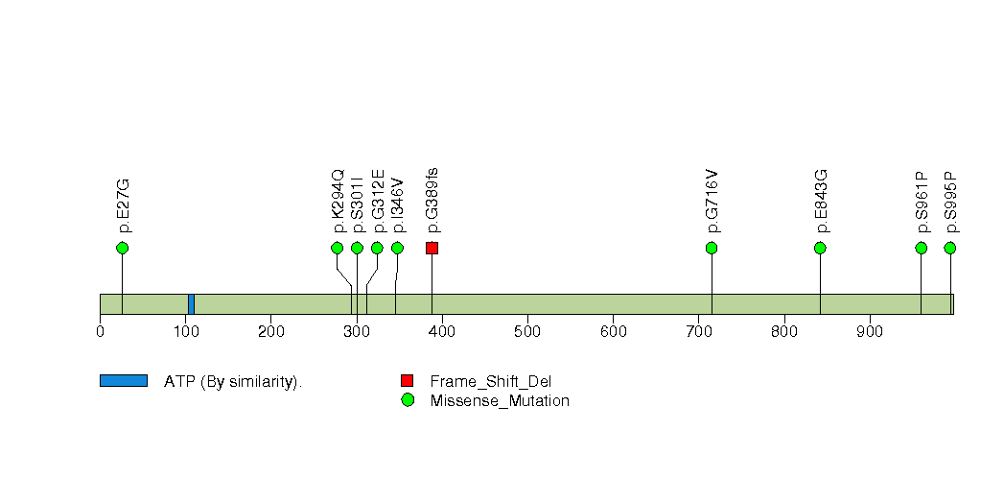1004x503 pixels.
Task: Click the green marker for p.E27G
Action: click(x=123, y=248)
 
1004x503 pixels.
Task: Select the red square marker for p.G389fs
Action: click(x=432, y=248)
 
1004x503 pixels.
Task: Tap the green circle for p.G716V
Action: click(x=712, y=248)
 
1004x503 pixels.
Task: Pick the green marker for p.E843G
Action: click(x=820, y=248)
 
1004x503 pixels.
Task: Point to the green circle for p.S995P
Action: click(x=950, y=248)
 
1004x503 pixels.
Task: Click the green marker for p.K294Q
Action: click(x=338, y=248)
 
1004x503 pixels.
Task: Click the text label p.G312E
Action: click(x=378, y=201)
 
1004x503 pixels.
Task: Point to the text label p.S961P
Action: click(x=922, y=202)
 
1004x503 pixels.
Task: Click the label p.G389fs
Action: click(x=432, y=200)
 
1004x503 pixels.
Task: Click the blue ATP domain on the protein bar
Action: click(x=191, y=304)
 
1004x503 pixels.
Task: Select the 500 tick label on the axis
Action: click(x=527, y=332)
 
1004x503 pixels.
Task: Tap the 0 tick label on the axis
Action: click(x=101, y=332)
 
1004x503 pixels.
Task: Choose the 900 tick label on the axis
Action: click(x=870, y=332)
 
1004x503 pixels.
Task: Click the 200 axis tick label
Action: click(x=270, y=332)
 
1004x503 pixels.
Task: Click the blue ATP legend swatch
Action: click(x=124, y=381)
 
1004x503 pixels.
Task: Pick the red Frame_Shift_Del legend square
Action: click(x=408, y=381)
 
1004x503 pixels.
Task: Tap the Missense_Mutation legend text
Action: click(x=500, y=401)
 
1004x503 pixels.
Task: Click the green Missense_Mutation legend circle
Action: click(x=408, y=400)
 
